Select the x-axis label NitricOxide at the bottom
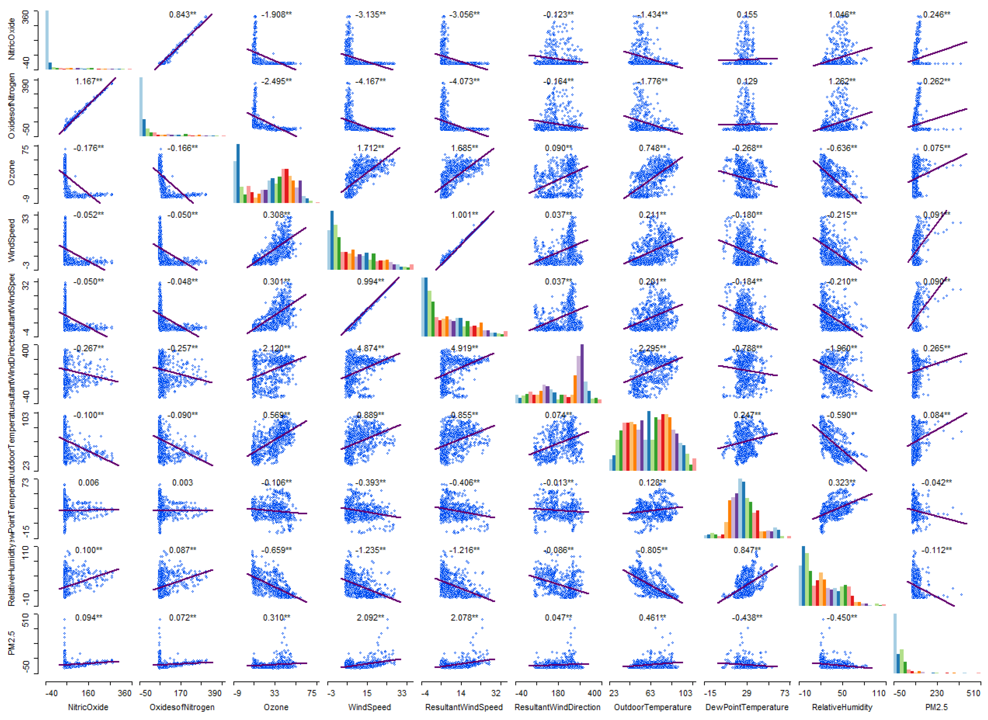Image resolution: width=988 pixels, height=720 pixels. pyautogui.click(x=88, y=707)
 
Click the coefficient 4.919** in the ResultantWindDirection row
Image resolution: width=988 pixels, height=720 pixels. pyautogui.click(x=464, y=348)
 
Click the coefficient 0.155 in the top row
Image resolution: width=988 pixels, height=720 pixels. pyautogui.click(x=747, y=14)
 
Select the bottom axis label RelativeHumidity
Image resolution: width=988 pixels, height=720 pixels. pyautogui.click(x=842, y=707)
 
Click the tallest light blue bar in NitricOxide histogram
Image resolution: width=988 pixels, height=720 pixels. pyautogui.click(x=47, y=39)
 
